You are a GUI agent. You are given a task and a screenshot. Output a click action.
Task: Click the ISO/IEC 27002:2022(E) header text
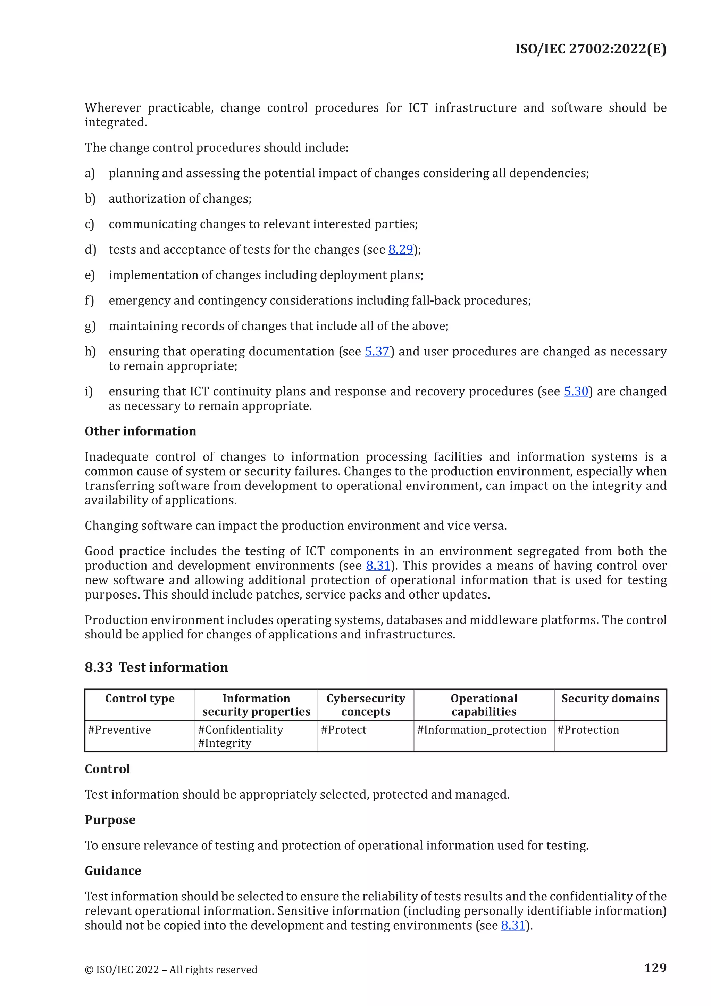590,49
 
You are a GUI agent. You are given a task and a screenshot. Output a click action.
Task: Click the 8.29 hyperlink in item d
400,249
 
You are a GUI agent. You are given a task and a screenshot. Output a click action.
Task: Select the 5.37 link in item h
377,352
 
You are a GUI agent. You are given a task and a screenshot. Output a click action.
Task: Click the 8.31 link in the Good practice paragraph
377,566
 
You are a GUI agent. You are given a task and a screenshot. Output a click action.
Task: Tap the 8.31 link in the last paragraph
513,925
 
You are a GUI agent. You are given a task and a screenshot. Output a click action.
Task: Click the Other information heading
140,431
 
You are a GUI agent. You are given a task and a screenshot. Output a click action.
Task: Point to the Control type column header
140,699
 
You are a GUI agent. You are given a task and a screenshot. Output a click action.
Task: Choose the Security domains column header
610,699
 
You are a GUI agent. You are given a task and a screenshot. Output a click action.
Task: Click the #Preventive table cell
119,730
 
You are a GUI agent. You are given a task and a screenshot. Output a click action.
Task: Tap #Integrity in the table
225,743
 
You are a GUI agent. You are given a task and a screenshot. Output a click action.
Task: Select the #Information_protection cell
482,730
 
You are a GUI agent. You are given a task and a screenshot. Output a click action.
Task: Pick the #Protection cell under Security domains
588,730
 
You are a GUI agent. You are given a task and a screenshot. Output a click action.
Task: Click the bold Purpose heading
110,820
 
